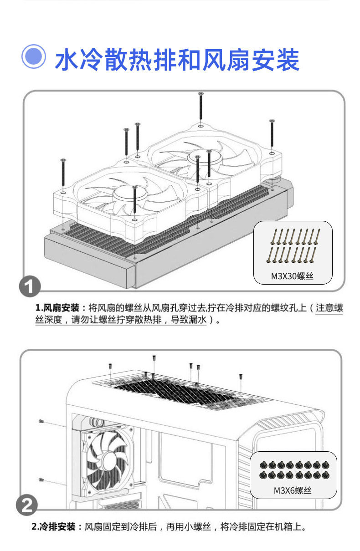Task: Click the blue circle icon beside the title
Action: click(34, 57)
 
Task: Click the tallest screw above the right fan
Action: click(201, 107)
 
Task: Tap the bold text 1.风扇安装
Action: click(57, 307)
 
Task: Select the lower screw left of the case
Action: click(41, 480)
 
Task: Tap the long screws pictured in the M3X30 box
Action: click(293, 246)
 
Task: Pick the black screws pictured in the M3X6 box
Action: click(293, 470)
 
